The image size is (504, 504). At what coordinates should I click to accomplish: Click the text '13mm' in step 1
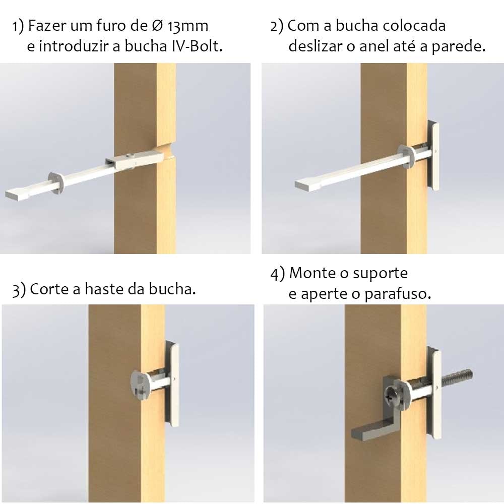pos(187,26)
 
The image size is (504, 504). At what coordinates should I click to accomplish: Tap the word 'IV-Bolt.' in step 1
pos(196,46)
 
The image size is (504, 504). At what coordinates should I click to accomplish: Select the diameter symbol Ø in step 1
pos(157,26)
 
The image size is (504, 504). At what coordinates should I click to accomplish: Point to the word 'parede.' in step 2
pos(458,47)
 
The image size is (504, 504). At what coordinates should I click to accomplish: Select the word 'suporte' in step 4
pos(380,274)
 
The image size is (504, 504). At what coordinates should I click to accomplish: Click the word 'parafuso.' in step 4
pos(398,294)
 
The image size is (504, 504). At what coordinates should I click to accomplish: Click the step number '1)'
pos(18,26)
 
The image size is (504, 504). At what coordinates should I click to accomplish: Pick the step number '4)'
pos(278,274)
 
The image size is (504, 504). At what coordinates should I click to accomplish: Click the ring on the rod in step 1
pos(57,183)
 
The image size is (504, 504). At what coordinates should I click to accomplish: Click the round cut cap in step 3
pos(141,384)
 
